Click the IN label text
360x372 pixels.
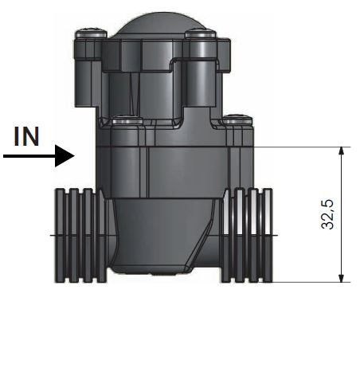tap(26, 136)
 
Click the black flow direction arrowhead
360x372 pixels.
tap(65, 156)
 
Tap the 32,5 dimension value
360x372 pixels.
tap(327, 214)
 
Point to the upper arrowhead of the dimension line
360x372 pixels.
tap(342, 151)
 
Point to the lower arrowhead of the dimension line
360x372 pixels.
tap(342, 278)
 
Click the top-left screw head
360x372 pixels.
tap(92, 34)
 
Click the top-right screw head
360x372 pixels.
tap(201, 34)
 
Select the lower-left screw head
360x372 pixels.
tap(127, 120)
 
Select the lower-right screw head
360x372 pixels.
tap(237, 120)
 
